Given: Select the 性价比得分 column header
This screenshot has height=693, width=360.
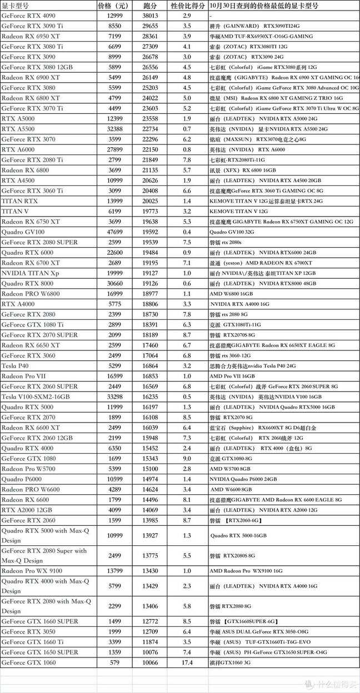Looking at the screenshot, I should click(x=187, y=6).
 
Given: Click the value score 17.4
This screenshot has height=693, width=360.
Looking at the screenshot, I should click(x=187, y=663).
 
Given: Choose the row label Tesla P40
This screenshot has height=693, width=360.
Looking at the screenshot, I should click(x=15, y=366).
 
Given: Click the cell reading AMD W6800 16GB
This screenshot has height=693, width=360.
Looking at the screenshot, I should click(x=231, y=294).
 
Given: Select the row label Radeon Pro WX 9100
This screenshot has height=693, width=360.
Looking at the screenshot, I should click(x=32, y=571).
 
